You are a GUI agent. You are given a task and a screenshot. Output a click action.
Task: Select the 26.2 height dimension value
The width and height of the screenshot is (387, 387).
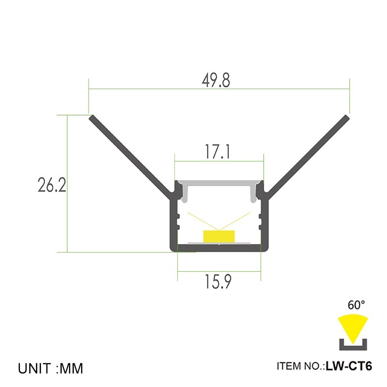pyautogui.click(x=51, y=186)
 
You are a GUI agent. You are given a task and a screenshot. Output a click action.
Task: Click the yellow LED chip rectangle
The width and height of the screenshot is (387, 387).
pyautogui.click(x=219, y=236)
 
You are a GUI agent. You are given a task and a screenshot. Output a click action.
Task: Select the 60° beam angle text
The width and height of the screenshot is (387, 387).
pyautogui.click(x=357, y=305)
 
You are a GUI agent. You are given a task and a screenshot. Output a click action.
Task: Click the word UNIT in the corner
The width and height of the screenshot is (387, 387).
pyautogui.click(x=36, y=369)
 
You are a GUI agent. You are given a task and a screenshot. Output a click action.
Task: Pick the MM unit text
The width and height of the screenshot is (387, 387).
pyautogui.click(x=72, y=369)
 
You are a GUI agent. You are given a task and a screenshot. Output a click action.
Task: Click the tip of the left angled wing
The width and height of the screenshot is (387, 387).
pyautogui.click(x=91, y=118)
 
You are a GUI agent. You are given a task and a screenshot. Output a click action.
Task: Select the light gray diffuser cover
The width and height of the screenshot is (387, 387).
pyautogui.click(x=219, y=184)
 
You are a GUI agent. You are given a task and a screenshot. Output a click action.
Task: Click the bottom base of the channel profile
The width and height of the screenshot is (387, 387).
pyautogui.click(x=219, y=249)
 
